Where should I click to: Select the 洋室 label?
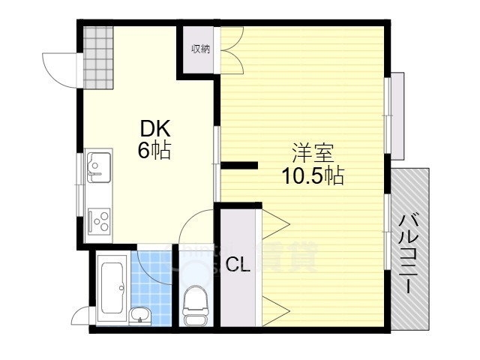click(x=312, y=154)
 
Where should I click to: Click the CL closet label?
click(x=238, y=264)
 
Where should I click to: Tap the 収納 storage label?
click(x=199, y=49)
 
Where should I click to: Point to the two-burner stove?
click(x=99, y=219)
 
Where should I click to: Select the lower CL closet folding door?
click(x=275, y=307)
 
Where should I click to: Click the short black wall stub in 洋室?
click(x=239, y=165)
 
